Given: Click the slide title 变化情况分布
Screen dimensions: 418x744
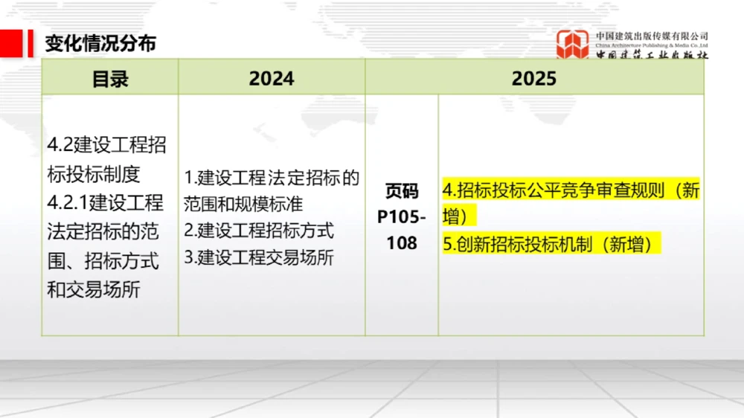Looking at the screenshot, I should click(x=100, y=43).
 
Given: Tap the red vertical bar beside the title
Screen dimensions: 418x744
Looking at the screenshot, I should click(x=31, y=43).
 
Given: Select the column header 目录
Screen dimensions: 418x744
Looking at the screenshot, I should click(x=110, y=79).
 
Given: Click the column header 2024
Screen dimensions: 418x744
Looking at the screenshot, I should click(x=272, y=79).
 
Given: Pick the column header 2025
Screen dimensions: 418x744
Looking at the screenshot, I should click(x=533, y=79).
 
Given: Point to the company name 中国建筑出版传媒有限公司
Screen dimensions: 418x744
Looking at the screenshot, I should click(x=652, y=35).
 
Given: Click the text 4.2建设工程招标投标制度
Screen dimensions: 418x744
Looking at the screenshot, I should click(x=106, y=159).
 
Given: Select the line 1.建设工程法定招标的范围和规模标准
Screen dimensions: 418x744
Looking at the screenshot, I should click(x=272, y=190).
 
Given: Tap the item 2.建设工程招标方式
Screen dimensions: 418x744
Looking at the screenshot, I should click(x=259, y=231).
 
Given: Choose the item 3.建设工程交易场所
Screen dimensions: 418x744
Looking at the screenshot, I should click(x=259, y=257).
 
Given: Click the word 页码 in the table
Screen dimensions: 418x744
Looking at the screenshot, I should click(x=402, y=191).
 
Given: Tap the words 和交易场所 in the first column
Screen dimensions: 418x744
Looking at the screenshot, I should click(x=94, y=289).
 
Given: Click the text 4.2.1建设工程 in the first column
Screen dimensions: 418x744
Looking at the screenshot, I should click(x=106, y=202).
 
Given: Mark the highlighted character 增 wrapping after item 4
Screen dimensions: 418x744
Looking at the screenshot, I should click(x=451, y=216).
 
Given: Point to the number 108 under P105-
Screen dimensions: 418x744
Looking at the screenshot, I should click(x=402, y=242).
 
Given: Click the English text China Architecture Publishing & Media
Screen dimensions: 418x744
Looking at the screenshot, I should click(x=652, y=45).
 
